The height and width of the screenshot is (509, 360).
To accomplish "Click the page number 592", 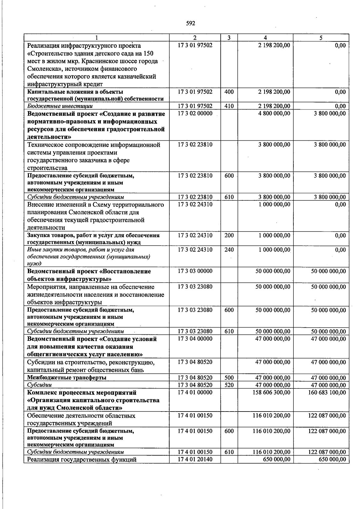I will tap(190, 23).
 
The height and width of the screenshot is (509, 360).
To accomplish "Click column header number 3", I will tap(229, 38).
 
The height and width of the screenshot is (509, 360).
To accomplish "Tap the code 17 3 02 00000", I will tap(195, 113).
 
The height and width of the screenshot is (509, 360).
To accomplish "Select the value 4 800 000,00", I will tap(274, 113).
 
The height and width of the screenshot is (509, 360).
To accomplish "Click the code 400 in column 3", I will tap(229, 92).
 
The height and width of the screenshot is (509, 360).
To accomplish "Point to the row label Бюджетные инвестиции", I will tap(60, 106).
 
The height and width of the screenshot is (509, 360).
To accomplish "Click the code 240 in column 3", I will tap(229, 250).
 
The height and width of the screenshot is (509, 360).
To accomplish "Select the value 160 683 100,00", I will tap(327, 393).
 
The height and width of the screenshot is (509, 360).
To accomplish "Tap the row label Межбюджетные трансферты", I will tap(67, 378).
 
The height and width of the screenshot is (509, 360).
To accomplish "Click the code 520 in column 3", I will tap(229, 385).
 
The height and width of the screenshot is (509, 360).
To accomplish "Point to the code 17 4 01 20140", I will tap(195, 460).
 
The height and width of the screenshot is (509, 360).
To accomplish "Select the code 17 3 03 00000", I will tap(195, 271).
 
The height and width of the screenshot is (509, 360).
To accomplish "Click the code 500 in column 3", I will tap(229, 378).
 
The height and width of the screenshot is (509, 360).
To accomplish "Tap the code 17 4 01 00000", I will tap(195, 393).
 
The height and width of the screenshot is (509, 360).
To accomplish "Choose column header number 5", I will tap(321, 38).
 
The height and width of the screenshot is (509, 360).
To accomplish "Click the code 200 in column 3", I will tap(229, 235).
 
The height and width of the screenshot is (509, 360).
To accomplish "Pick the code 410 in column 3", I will tap(229, 106).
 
